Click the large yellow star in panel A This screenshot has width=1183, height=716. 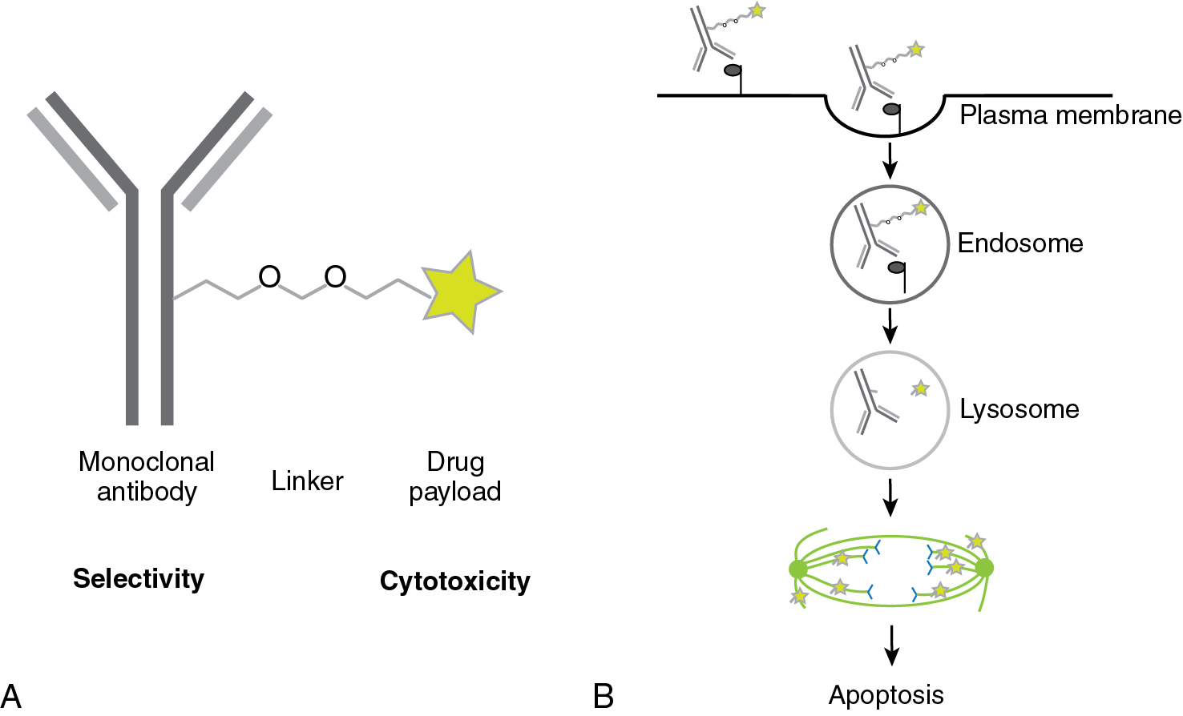[459, 292]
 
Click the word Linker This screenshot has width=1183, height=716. [307, 481]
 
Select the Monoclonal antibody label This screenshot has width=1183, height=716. [147, 476]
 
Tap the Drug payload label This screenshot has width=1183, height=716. [455, 476]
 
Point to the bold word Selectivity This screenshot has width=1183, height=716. [139, 578]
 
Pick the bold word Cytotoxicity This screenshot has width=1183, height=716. [455, 581]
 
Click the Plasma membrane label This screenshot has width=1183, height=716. [1070, 115]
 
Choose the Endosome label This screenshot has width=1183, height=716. [1020, 243]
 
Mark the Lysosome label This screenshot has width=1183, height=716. [1019, 409]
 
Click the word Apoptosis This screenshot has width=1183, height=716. [886, 695]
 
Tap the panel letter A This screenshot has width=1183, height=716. [11, 695]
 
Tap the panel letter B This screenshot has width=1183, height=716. [604, 695]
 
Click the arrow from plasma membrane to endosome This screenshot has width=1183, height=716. [890, 160]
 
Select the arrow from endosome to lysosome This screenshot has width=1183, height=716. [890, 324]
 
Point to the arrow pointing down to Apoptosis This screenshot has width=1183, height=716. [890, 646]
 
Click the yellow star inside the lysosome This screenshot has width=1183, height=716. [921, 388]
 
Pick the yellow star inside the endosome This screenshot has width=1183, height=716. [921, 208]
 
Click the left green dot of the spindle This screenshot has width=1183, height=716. [797, 569]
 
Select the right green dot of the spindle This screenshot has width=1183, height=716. [984, 568]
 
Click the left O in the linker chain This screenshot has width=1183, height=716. [269, 277]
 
